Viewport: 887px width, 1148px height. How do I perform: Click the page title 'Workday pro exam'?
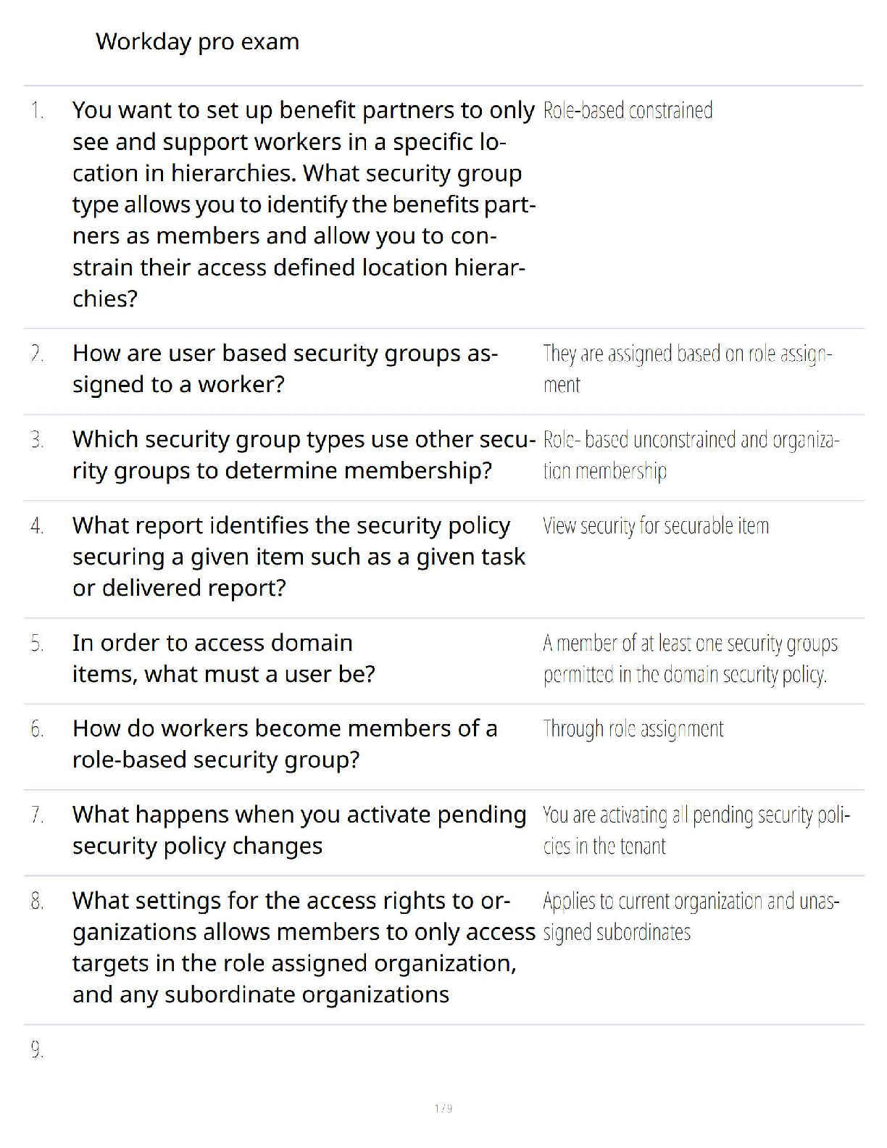coord(197,42)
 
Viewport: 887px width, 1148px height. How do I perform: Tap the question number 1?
coord(37,111)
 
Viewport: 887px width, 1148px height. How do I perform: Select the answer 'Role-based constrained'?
coord(628,111)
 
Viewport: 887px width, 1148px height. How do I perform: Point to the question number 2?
coord(37,354)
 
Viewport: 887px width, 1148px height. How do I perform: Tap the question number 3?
coord(37,440)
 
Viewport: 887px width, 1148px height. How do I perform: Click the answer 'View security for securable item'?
coord(656,525)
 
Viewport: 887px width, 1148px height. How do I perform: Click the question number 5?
coord(37,644)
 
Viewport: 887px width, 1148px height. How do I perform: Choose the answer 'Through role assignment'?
coord(633,729)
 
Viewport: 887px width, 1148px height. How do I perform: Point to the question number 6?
coord(37,729)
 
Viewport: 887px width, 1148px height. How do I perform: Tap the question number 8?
coord(37,902)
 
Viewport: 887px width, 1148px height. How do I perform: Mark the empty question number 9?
coord(37,1050)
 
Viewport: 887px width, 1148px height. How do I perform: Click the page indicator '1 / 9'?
coord(443,1108)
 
